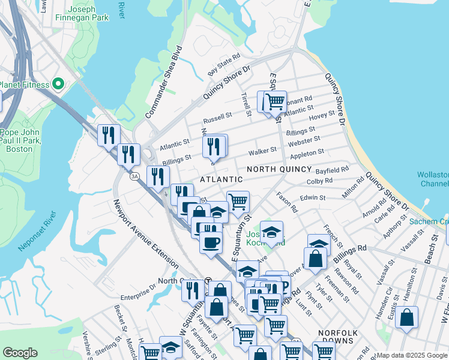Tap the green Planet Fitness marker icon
pos(58,84)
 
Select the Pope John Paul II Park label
pos(20,141)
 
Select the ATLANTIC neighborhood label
pos(221,179)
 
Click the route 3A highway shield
pos(135,176)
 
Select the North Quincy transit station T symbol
pos(208,280)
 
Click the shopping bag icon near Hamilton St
pos(406,317)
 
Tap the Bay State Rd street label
pos(224,65)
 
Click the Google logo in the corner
pos(20,353)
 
